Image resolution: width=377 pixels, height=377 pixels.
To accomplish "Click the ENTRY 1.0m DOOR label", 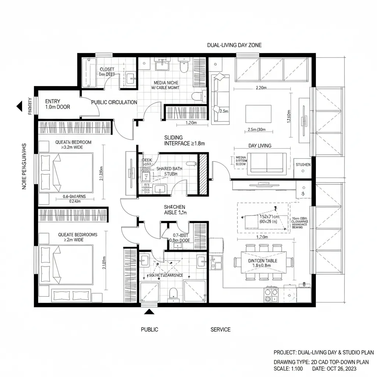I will click(x=57, y=104).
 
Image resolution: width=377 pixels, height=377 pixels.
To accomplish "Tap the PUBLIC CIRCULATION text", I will click(x=114, y=102).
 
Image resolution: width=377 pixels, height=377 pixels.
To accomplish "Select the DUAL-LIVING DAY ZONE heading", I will click(x=234, y=45).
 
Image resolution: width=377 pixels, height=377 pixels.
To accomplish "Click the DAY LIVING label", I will click(x=260, y=146).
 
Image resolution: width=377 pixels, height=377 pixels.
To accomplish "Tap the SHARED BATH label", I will click(x=169, y=168).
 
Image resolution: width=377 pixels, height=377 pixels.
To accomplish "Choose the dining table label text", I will click(x=263, y=263).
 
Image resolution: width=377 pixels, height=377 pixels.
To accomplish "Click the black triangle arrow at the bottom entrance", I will click(x=149, y=312).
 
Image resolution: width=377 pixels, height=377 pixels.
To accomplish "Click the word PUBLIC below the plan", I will click(x=149, y=330).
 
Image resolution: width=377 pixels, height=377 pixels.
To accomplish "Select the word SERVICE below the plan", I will click(x=220, y=330).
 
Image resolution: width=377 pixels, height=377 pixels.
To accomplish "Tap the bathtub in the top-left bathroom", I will click(x=89, y=72).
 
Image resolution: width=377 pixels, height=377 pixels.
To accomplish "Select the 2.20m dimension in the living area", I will click(x=261, y=88).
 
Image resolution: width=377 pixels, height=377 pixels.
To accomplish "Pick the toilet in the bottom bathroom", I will click(x=173, y=293).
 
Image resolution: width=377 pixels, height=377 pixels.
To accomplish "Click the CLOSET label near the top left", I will click(x=107, y=69).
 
